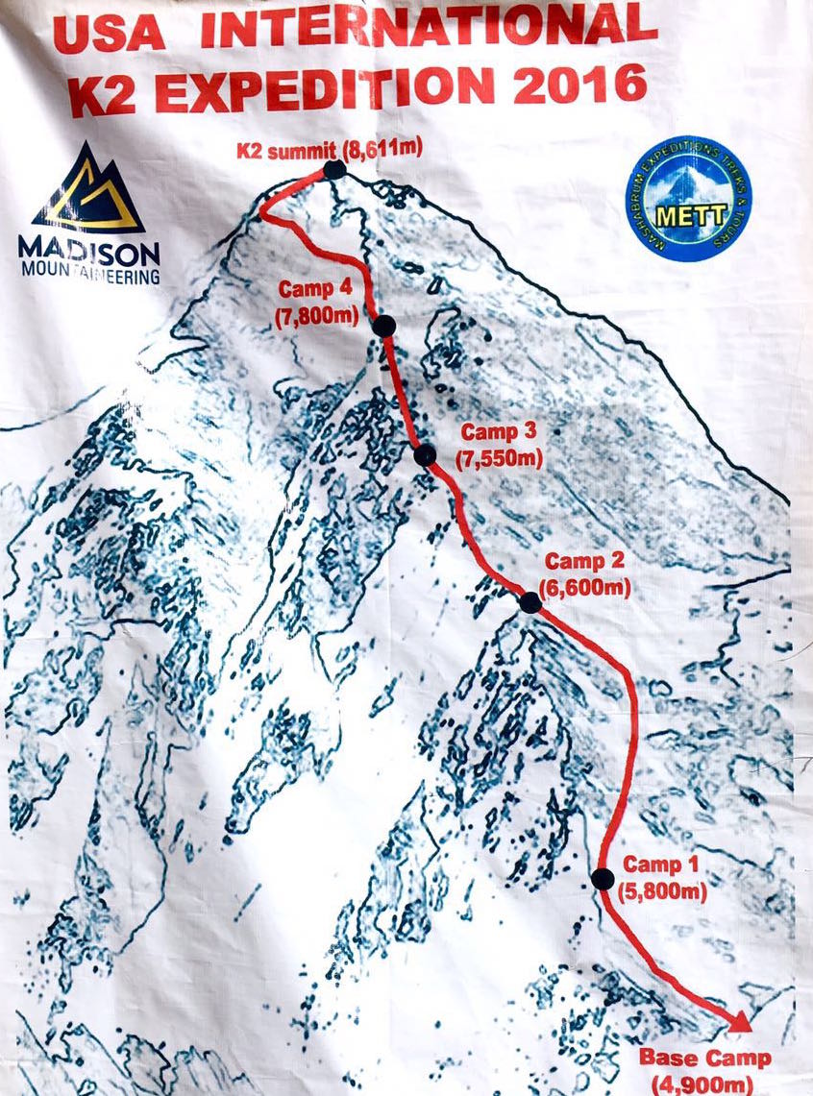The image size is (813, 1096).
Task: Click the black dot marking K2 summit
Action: click(x=334, y=170)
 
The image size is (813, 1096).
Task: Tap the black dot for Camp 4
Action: click(x=384, y=327)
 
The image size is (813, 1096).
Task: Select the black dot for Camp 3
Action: click(x=425, y=455)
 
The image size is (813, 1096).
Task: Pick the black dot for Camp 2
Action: click(x=530, y=602)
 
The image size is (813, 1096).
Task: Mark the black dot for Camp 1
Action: click(x=603, y=878)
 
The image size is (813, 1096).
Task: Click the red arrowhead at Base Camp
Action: click(x=737, y=1022)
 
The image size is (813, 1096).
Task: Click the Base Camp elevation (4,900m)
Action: click(x=706, y=1084)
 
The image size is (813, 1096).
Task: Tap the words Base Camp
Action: click(x=704, y=1059)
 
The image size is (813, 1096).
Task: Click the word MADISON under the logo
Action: click(x=88, y=250)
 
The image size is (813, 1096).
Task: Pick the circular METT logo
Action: click(x=688, y=199)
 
